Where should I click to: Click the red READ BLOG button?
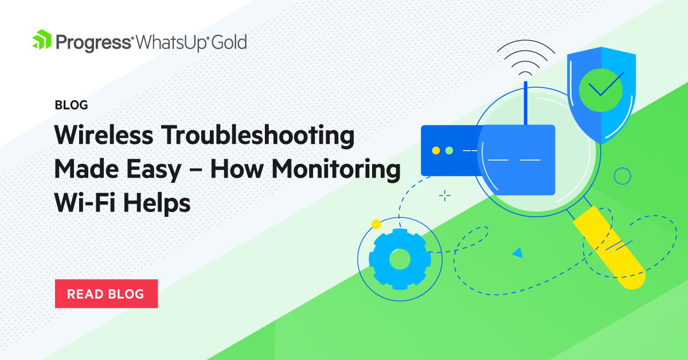click(106, 294)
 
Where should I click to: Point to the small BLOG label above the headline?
click(71, 105)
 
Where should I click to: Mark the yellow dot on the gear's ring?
click(376, 224)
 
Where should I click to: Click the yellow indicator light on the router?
click(436, 150)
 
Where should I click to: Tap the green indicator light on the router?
click(449, 150)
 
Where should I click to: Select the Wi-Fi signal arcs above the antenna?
click(526, 58)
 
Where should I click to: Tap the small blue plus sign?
click(444, 195)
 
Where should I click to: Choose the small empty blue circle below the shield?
click(622, 175)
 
